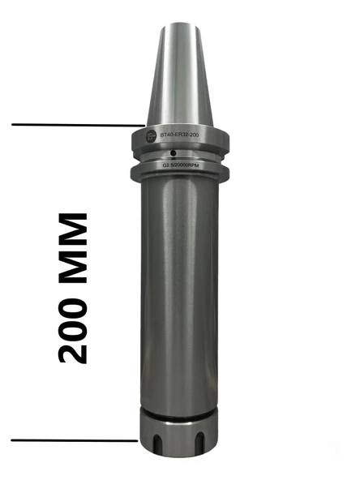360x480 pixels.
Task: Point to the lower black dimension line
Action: pyautogui.click(x=73, y=440)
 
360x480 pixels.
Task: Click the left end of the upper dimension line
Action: pyautogui.click(x=14, y=125)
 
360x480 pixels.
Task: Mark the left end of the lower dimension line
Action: pyautogui.click(x=12, y=440)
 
